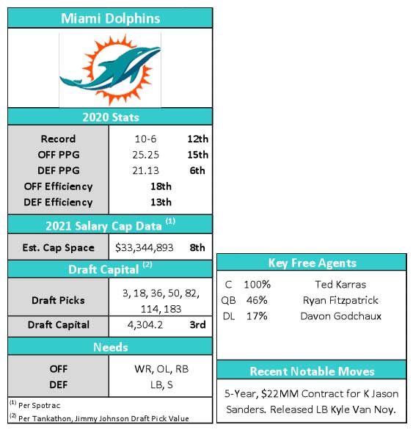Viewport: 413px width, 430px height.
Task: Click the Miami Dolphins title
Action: [110, 18]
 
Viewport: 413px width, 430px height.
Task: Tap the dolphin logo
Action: [110, 69]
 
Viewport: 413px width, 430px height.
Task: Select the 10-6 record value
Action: [145, 139]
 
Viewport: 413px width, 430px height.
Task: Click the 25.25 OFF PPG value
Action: [145, 155]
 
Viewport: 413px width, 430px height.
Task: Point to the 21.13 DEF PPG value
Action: [145, 170]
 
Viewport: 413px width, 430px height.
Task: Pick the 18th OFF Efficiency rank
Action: [161, 186]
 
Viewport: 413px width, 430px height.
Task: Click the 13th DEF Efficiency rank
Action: [161, 203]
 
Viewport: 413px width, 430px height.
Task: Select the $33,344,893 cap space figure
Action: [145, 247]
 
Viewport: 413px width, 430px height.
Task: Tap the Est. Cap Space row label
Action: [58, 248]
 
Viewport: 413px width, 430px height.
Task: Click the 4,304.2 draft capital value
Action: [145, 325]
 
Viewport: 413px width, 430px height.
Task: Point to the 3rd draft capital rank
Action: [197, 325]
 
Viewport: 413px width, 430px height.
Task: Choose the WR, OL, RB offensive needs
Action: [161, 369]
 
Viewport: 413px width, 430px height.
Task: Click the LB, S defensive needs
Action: [161, 385]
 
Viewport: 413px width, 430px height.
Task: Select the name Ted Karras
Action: [340, 285]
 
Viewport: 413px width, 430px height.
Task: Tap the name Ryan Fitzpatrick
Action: [340, 301]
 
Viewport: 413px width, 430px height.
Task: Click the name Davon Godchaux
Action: [340, 316]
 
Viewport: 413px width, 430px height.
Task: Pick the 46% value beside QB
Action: [257, 301]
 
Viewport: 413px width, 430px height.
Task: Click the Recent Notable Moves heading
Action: [312, 371]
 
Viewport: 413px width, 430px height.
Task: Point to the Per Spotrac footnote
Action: [34, 405]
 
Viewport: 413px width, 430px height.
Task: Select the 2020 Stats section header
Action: [111, 117]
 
